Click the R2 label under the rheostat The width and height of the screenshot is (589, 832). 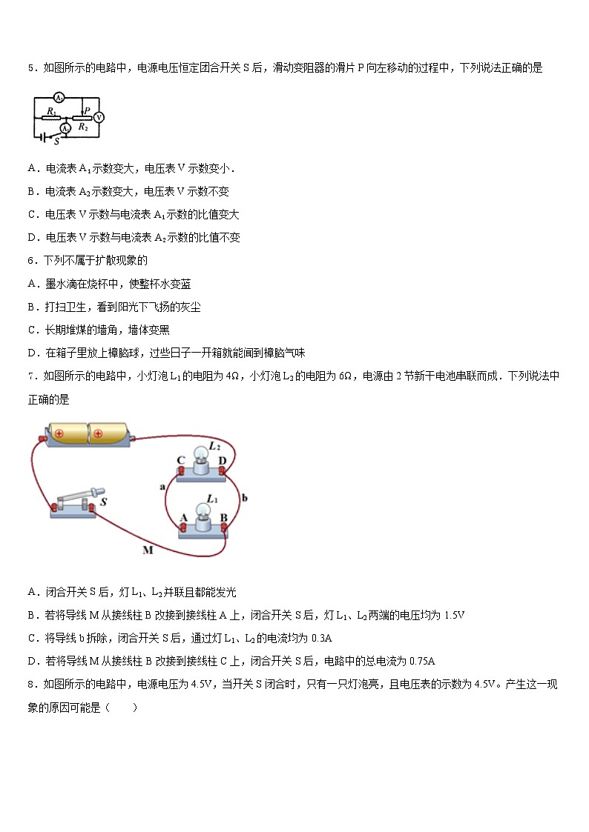point(83,127)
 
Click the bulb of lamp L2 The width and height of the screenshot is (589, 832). point(200,456)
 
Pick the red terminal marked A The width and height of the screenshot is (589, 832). point(182,527)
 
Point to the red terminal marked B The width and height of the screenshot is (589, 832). point(223,527)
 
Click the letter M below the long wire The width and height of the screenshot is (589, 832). point(147,550)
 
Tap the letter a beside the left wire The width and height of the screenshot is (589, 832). point(162,487)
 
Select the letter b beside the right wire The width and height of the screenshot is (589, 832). point(245,497)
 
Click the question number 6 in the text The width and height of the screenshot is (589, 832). point(31,260)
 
